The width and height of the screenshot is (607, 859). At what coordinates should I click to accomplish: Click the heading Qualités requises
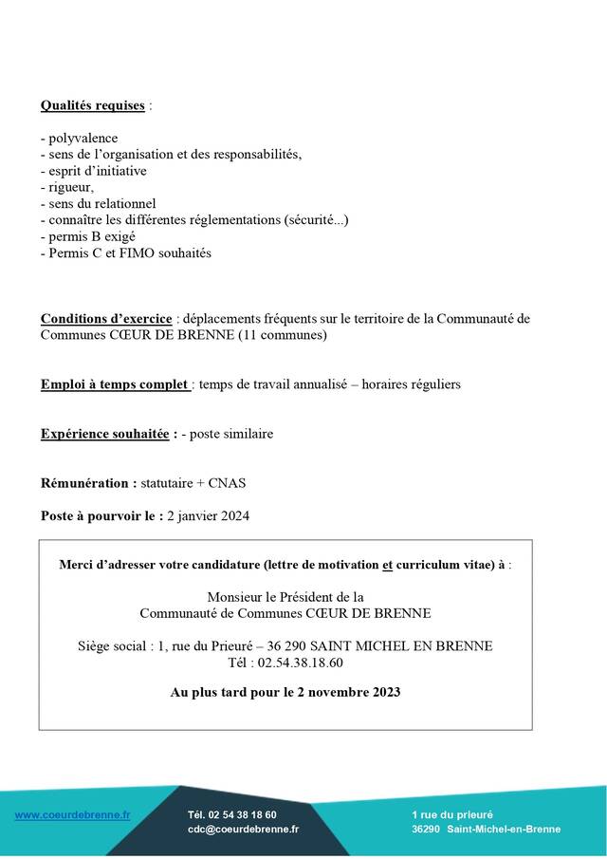click(93, 105)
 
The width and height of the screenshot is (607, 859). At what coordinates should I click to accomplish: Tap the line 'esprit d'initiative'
click(97, 171)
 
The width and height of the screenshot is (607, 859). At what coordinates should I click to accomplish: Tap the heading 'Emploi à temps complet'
click(114, 384)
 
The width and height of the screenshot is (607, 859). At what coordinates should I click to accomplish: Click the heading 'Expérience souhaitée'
click(107, 434)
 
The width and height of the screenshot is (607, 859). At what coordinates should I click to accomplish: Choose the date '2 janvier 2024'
click(208, 515)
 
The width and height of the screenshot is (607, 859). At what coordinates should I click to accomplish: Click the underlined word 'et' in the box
click(387, 565)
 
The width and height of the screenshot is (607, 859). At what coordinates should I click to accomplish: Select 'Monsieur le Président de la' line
click(285, 597)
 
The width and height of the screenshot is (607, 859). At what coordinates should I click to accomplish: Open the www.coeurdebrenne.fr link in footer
click(73, 814)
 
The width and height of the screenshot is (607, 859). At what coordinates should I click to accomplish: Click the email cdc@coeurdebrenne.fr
click(243, 829)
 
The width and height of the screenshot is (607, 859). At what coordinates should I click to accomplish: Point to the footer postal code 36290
click(426, 829)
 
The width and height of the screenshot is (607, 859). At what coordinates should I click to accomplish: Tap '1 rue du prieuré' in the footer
click(452, 814)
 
